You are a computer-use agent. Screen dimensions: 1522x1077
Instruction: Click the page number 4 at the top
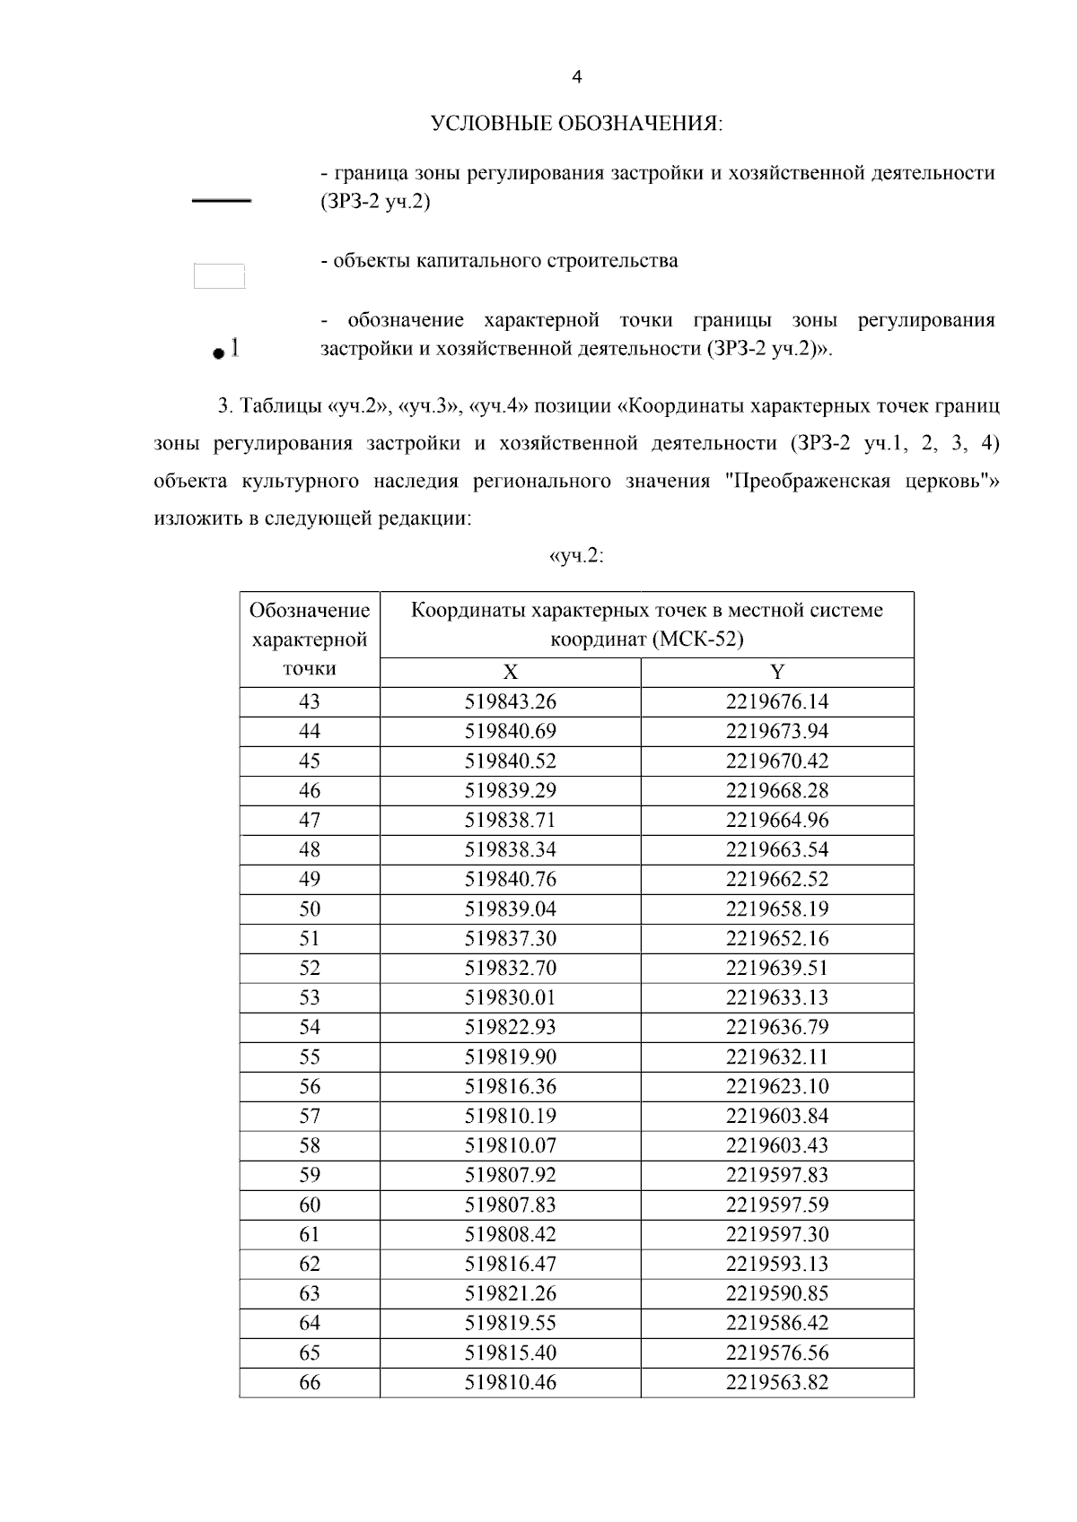tap(577, 78)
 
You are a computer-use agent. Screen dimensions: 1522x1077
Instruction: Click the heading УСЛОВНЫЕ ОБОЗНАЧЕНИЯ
tap(577, 124)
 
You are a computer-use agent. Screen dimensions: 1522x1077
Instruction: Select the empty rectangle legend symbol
tap(220, 275)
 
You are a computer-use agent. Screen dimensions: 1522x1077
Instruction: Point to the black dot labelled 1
tap(217, 354)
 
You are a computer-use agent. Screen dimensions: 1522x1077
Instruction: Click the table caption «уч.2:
tap(575, 556)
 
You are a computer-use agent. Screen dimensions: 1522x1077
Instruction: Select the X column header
tap(510, 673)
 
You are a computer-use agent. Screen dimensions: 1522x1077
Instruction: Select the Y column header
tap(777, 673)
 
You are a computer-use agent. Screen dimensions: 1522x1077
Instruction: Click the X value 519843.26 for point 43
tap(510, 702)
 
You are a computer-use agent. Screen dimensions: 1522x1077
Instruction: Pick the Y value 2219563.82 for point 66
tap(777, 1383)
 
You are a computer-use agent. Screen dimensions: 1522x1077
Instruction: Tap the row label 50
tap(310, 909)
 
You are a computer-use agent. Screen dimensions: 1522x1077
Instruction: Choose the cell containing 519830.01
tap(510, 998)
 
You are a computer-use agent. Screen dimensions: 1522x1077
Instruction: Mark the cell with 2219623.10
tap(777, 1087)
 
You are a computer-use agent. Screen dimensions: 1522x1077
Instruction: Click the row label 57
tap(310, 1117)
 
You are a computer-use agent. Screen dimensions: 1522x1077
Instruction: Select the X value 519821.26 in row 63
tap(510, 1294)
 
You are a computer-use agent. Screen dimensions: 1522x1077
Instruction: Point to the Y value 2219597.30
tap(777, 1235)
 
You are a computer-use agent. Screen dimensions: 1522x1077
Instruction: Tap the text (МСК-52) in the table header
tap(698, 640)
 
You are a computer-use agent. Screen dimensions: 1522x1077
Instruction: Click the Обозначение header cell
tap(310, 612)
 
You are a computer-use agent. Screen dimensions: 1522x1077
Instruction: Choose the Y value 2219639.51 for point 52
tap(777, 969)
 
